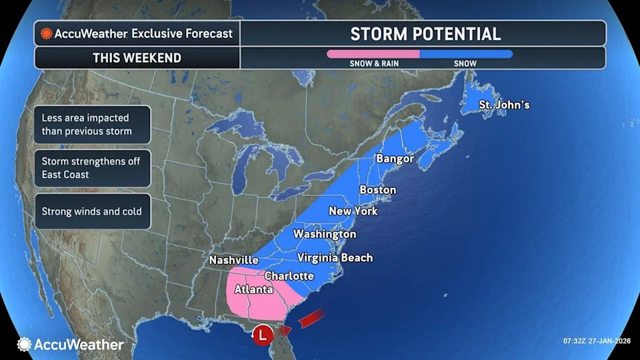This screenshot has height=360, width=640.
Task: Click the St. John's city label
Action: pos(505,105)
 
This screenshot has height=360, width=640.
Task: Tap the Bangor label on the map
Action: pos(395,159)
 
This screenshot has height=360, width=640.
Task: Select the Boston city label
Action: pos(377,190)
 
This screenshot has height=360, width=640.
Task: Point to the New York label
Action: pos(353,211)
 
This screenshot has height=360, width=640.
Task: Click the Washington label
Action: pos(325,234)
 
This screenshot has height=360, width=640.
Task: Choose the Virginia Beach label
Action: pos(335,257)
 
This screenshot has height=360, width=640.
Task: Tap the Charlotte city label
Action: pos(289,275)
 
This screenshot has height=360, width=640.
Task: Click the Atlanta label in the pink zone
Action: pos(253,289)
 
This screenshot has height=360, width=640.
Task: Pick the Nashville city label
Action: pos(233,260)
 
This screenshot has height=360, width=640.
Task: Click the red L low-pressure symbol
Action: pos(265,331)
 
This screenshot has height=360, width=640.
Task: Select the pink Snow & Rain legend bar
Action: pos(373,54)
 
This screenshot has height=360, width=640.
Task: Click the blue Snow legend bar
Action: pos(466,54)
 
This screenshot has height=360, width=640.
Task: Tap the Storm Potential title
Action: pos(425,33)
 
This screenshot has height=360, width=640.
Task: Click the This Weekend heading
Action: pos(137,57)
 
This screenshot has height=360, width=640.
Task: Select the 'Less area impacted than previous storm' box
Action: pos(92,124)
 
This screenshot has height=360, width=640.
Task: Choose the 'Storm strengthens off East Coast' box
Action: pos(92,168)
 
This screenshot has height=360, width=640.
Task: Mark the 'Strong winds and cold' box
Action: pos(92,211)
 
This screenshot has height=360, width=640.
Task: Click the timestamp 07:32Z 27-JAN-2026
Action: pos(597,341)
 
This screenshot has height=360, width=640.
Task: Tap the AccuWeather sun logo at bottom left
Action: pos(25,345)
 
